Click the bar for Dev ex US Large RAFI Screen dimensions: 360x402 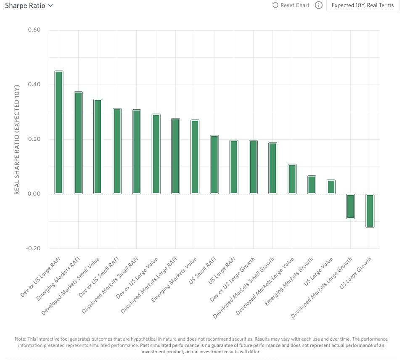pos(59,132)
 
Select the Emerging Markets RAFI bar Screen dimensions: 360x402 pos(78,143)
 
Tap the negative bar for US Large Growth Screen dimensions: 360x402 pos(370,211)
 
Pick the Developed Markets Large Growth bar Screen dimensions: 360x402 pos(350,206)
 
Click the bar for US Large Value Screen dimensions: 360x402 pos(331,187)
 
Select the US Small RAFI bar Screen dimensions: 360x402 pos(214,165)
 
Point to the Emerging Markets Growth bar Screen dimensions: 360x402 pos(312,185)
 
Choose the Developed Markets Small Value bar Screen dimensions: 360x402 pos(98,147)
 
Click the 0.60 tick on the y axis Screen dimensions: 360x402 pos(34,30)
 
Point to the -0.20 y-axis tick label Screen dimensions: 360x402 pos(33,249)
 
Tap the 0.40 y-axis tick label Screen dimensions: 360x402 pos(34,85)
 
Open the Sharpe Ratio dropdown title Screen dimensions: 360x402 pos(29,6)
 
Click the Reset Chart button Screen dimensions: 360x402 pos(291,5)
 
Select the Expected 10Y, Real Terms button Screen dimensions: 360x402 pos(362,5)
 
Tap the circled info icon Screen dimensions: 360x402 pos(319,5)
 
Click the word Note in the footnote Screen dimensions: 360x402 pos(20,339)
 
